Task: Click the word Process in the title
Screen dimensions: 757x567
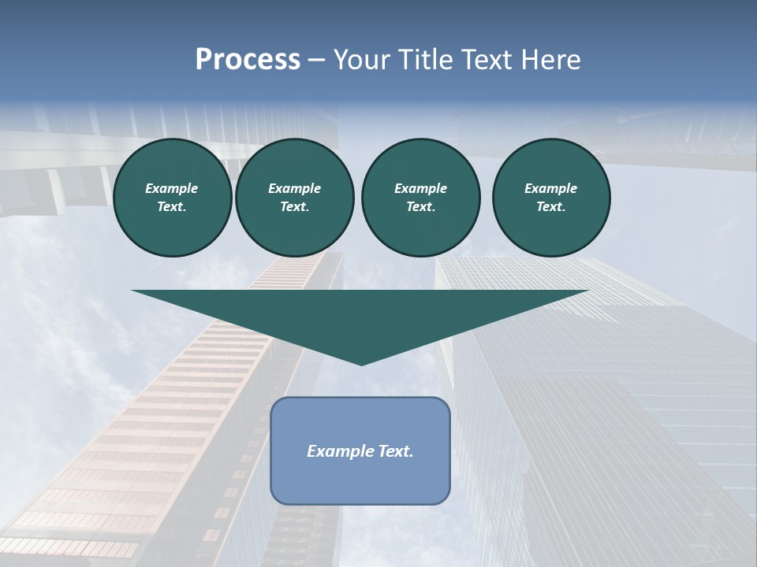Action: pyautogui.click(x=248, y=60)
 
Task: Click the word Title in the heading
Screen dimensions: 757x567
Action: pyautogui.click(x=426, y=60)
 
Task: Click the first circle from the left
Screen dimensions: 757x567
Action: pyautogui.click(x=172, y=198)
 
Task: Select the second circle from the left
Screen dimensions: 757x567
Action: pyautogui.click(x=294, y=198)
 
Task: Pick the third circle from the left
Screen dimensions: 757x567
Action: pyautogui.click(x=420, y=198)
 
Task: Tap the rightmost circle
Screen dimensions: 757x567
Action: pyautogui.click(x=550, y=198)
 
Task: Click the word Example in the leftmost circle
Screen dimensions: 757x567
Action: pyautogui.click(x=172, y=188)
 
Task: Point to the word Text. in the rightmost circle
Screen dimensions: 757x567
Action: pyautogui.click(x=550, y=207)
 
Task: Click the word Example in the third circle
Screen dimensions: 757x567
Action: pyautogui.click(x=420, y=188)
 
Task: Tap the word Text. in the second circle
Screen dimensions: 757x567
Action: pyautogui.click(x=294, y=207)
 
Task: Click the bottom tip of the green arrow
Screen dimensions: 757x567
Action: pyautogui.click(x=361, y=363)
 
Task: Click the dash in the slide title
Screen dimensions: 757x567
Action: pyautogui.click(x=317, y=60)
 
